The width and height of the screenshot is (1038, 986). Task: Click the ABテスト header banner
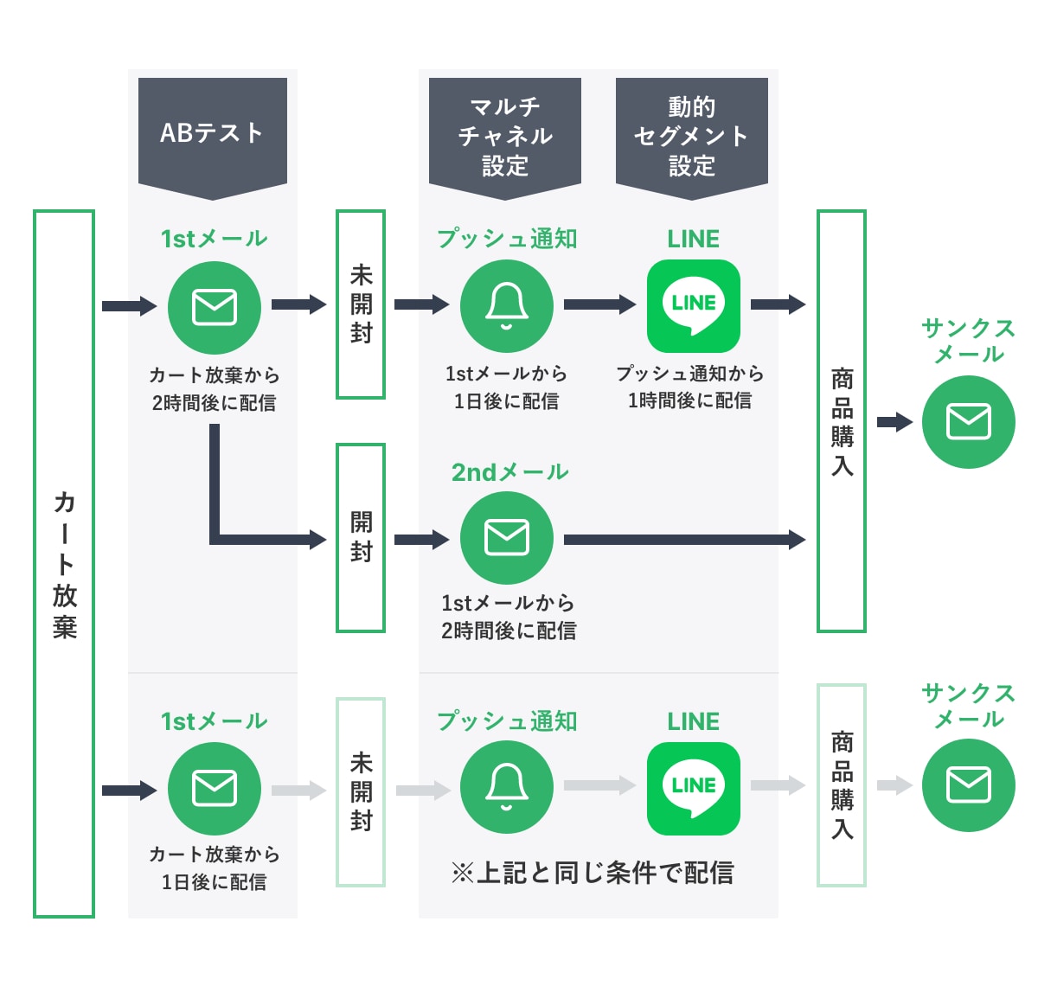213,133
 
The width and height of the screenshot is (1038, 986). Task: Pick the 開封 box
361,538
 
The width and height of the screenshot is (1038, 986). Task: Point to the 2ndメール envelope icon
507,538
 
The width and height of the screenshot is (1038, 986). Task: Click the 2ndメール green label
509,472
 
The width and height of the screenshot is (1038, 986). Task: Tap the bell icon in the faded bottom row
507,788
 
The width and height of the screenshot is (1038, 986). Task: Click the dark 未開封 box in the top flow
361,304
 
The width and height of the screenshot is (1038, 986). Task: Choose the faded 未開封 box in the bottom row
361,792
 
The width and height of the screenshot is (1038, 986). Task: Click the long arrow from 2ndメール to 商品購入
683,540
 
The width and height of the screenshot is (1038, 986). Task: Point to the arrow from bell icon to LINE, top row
599,304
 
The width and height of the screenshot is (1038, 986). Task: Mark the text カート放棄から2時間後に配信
215,388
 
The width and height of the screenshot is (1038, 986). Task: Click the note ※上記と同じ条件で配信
593,873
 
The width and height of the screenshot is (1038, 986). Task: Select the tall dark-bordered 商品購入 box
842,421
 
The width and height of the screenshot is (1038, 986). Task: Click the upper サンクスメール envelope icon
969,422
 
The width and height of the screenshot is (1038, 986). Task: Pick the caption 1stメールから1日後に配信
507,387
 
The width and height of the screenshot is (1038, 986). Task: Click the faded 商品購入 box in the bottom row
842,785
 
